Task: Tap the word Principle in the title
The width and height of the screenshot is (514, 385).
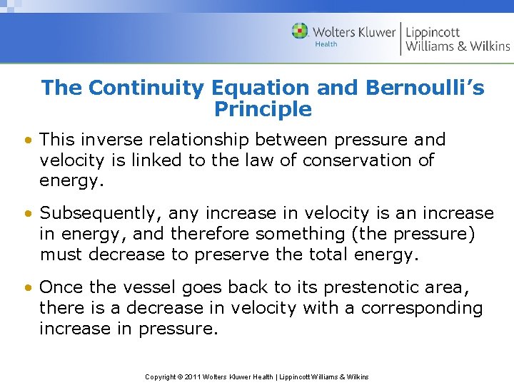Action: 263,110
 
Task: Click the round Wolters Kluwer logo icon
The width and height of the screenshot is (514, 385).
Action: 300,31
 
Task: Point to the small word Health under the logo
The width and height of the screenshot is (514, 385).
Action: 326,44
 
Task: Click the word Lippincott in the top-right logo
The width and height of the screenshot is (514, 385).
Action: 433,31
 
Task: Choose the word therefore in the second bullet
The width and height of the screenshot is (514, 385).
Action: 208,234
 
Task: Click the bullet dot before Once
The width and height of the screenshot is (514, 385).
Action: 27,287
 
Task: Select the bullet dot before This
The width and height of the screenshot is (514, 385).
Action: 27,140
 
